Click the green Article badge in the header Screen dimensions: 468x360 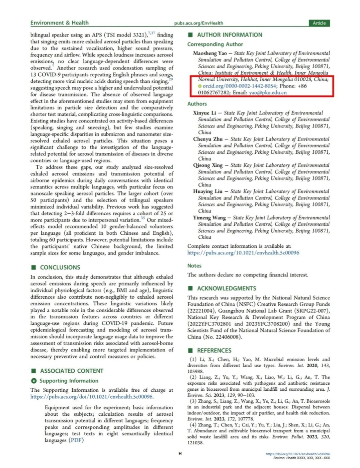click(x=319, y=23)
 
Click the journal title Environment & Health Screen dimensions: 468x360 click(x=60, y=23)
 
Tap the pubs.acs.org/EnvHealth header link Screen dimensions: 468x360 click(x=198, y=23)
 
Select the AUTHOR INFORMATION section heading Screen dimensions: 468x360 click(x=230, y=35)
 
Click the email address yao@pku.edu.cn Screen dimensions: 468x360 click(x=268, y=93)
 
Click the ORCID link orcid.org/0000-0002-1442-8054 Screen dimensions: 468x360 click(x=240, y=86)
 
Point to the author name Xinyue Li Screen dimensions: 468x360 click(x=204, y=113)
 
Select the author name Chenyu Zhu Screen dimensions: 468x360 click(x=208, y=139)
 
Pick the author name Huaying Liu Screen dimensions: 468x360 click(x=208, y=191)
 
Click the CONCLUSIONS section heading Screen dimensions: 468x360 click(x=60, y=267)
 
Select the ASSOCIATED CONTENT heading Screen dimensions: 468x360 click(x=72, y=371)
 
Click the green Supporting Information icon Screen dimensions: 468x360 click(x=33, y=381)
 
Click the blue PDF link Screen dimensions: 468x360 click(x=76, y=440)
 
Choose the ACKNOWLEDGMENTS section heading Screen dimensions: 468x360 click(x=227, y=289)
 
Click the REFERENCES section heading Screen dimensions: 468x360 click(x=214, y=350)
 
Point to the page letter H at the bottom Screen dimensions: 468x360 click(x=180, y=454)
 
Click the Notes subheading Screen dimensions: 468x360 click(x=194, y=265)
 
